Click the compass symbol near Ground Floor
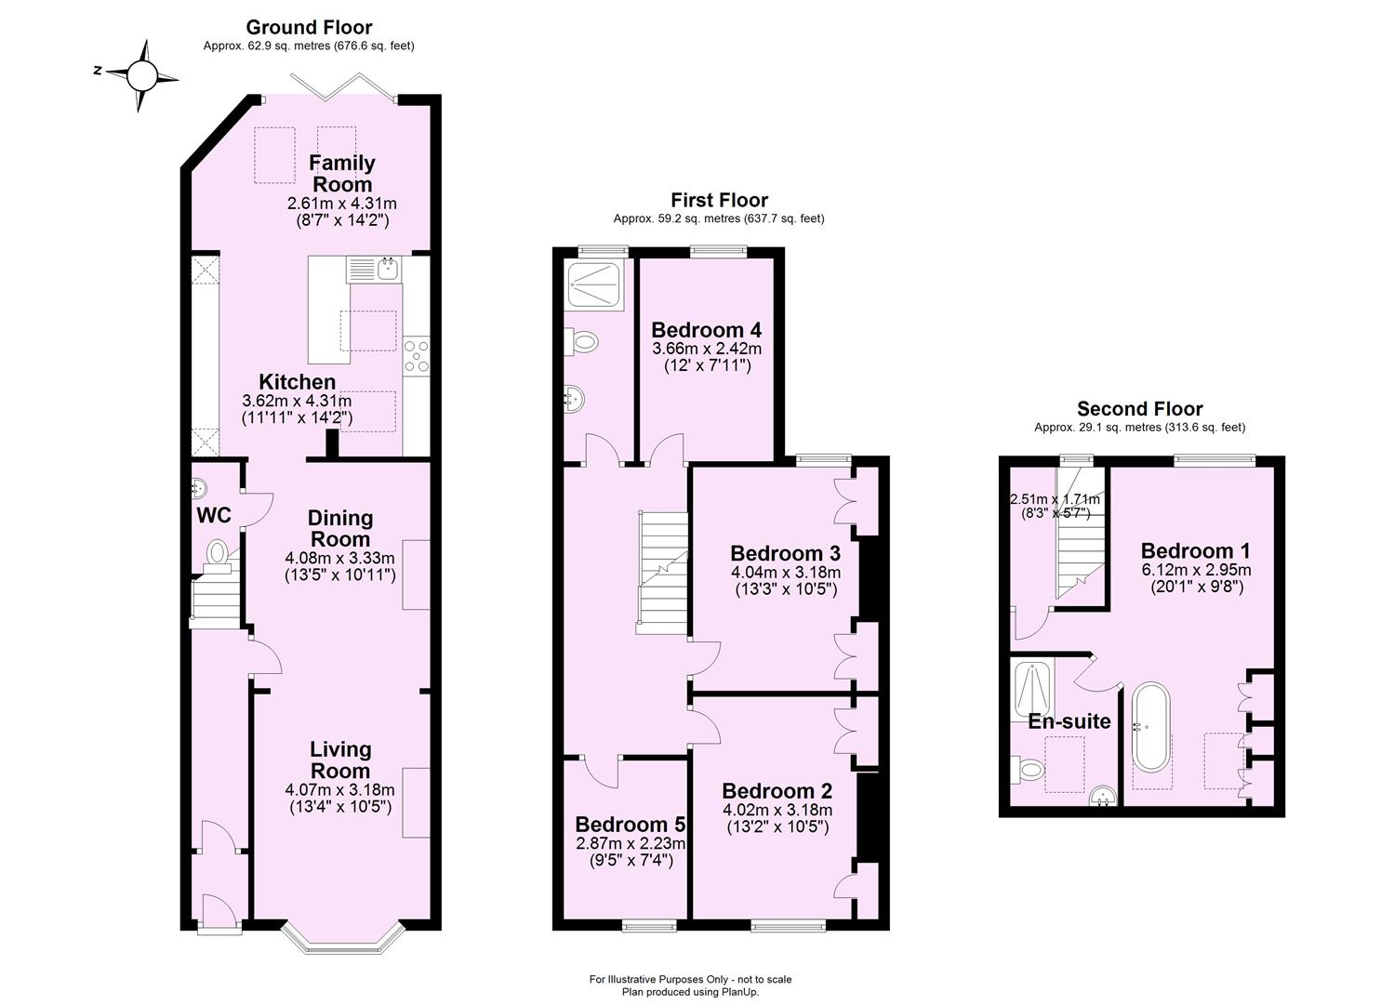141,74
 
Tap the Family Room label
342,173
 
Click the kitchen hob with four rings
418,355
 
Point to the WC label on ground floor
213,515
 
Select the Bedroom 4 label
706,330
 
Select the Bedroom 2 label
777,791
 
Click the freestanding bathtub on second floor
1151,728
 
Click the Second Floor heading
1139,409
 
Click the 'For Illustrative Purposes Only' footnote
690,979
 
